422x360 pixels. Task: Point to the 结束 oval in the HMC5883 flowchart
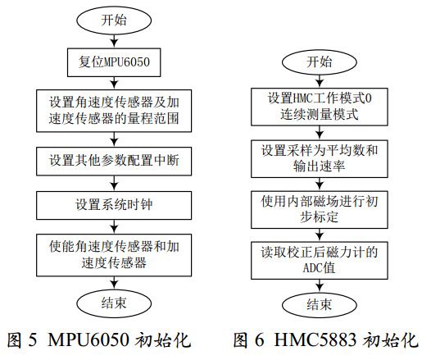[319, 304]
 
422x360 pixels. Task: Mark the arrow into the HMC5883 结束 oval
[319, 285]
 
